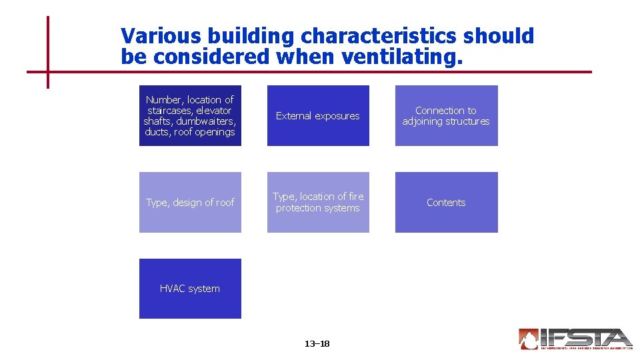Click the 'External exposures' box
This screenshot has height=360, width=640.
click(318, 115)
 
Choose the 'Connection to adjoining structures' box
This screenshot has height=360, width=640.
click(446, 115)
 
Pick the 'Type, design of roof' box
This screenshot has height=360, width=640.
click(190, 202)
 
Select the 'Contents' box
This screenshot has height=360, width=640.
click(446, 202)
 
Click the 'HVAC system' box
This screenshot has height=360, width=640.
click(190, 289)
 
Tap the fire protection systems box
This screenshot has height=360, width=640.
click(318, 202)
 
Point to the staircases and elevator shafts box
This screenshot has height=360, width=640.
click(190, 115)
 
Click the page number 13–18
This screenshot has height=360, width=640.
click(317, 344)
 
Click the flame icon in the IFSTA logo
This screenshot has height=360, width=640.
click(529, 339)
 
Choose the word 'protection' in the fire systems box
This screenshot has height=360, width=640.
click(299, 208)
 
